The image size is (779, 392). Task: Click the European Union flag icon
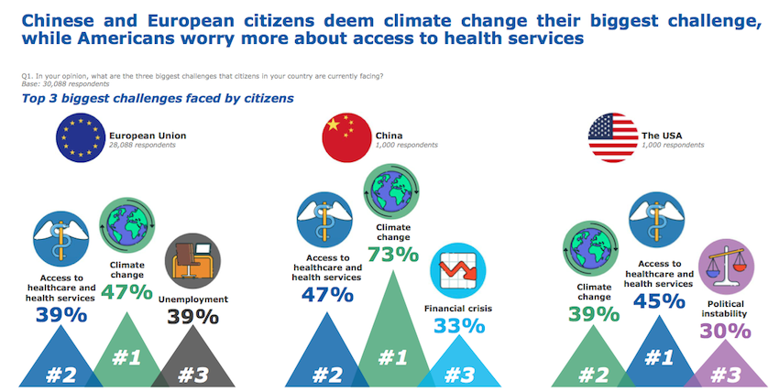tap(81, 138)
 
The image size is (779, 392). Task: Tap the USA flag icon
tap(612, 138)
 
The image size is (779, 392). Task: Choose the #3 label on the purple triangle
tap(726, 374)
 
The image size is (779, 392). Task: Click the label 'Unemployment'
tap(192, 299)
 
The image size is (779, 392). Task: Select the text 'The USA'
tap(663, 135)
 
